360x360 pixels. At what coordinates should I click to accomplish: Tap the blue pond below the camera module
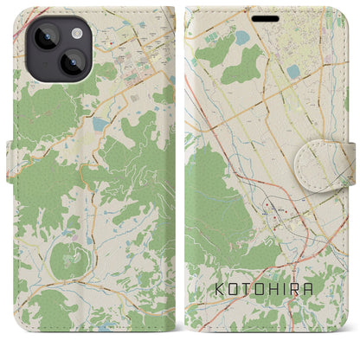pyautogui.click(x=97, y=124)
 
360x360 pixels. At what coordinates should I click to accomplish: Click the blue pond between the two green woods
pyautogui.click(x=239, y=36)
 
